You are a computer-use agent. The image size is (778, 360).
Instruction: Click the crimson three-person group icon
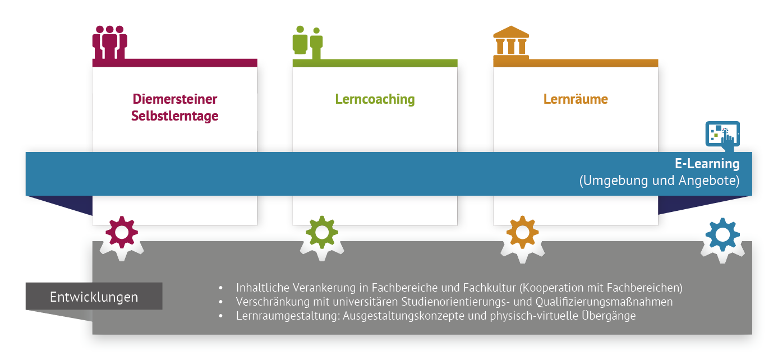pyautogui.click(x=109, y=41)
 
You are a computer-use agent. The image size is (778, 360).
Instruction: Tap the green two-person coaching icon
pyautogui.click(x=307, y=41)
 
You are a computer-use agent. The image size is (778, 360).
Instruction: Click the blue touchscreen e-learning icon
pyautogui.click(x=722, y=135)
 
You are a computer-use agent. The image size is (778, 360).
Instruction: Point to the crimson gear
pyautogui.click(x=122, y=232)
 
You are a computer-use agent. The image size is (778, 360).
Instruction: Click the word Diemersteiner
pyautogui.click(x=174, y=99)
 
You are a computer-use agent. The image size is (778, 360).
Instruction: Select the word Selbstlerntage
pyautogui.click(x=174, y=117)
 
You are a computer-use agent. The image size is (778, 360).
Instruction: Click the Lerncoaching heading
pyautogui.click(x=375, y=99)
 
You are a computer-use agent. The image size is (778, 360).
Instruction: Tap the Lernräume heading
pyautogui.click(x=576, y=99)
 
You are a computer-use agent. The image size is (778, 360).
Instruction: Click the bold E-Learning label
pyautogui.click(x=707, y=164)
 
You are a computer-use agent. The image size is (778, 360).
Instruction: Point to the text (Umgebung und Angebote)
pyautogui.click(x=659, y=181)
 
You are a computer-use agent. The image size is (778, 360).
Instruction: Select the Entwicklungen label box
pyautogui.click(x=94, y=296)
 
